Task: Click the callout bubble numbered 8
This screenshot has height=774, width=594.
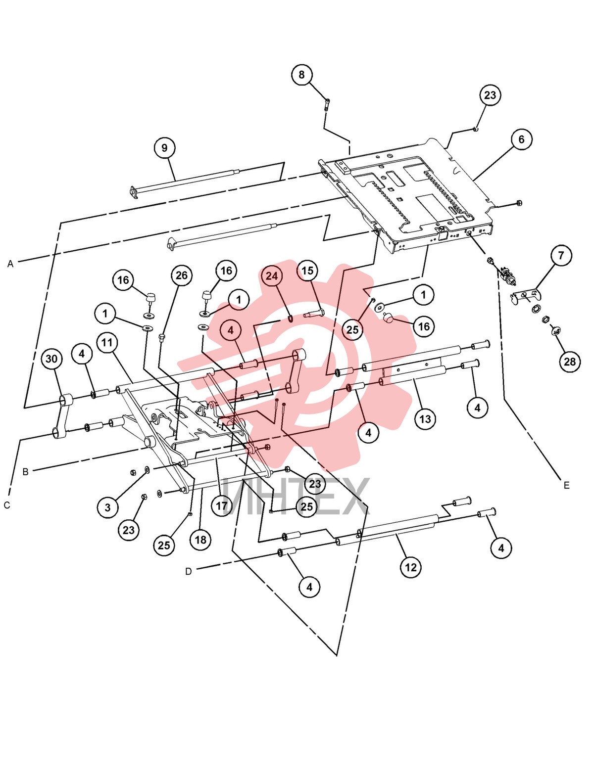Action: pyautogui.click(x=301, y=75)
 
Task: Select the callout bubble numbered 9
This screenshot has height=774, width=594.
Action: pyautogui.click(x=164, y=148)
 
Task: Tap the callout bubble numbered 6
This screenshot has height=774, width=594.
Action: pyautogui.click(x=521, y=139)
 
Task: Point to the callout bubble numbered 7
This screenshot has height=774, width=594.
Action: pyautogui.click(x=561, y=255)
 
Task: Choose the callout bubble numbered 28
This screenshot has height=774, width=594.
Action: pyautogui.click(x=569, y=362)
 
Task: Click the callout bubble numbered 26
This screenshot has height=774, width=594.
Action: pyautogui.click(x=181, y=275)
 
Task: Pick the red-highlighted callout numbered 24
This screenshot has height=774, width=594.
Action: pyautogui.click(x=272, y=275)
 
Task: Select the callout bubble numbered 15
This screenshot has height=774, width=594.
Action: pyautogui.click(x=307, y=271)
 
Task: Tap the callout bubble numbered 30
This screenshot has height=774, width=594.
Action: pyautogui.click(x=51, y=359)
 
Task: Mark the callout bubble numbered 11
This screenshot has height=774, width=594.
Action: pyautogui.click(x=107, y=343)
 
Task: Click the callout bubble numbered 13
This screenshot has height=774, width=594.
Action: pyautogui.click(x=425, y=419)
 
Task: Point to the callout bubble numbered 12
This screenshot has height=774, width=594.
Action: pyautogui.click(x=411, y=567)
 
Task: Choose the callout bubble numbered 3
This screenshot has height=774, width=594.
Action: pyautogui.click(x=107, y=507)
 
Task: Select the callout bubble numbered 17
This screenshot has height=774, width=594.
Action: pyautogui.click(x=222, y=506)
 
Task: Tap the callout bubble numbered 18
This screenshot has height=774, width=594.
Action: pyautogui.click(x=200, y=540)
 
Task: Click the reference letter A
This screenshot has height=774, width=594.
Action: pyautogui.click(x=10, y=264)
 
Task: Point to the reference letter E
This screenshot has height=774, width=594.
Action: pyautogui.click(x=567, y=485)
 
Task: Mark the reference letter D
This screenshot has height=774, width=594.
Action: pyautogui.click(x=189, y=572)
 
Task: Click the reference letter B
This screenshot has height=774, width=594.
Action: pyautogui.click(x=25, y=472)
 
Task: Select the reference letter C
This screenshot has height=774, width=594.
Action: pyautogui.click(x=7, y=505)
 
